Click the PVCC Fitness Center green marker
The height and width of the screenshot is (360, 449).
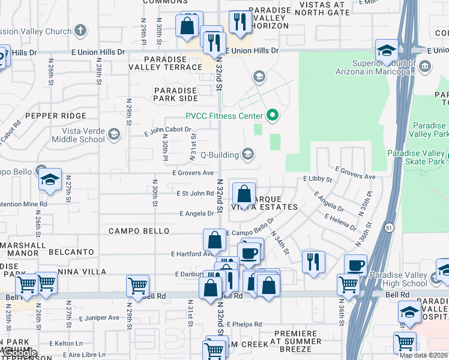pyautogui.click(x=273, y=115)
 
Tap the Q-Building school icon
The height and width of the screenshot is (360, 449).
pyautogui.click(x=247, y=154)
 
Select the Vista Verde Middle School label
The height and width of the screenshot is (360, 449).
pyautogui.click(x=75, y=135)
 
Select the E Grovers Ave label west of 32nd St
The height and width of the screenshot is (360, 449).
pyautogui.click(x=193, y=173)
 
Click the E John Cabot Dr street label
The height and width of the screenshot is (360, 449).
pyautogui.click(x=167, y=129)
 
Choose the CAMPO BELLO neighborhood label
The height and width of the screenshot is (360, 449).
pyautogui.click(x=139, y=231)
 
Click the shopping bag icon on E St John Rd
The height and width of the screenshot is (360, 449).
pyautogui.click(x=244, y=194)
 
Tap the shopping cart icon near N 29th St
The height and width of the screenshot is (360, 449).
pyautogui.click(x=137, y=286)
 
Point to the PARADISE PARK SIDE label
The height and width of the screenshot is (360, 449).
pyautogui.click(x=175, y=94)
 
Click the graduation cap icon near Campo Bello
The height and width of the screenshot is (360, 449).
pyautogui.click(x=50, y=179)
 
